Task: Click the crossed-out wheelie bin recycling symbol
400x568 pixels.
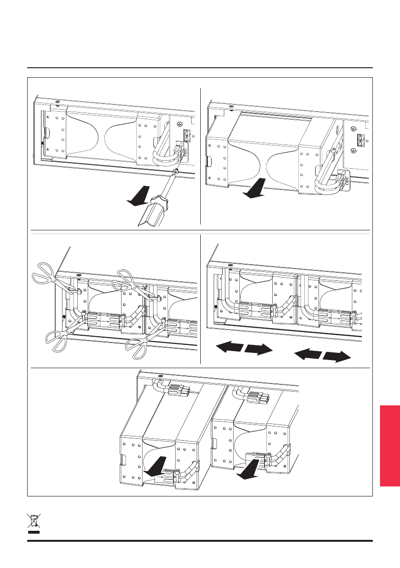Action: tap(33, 523)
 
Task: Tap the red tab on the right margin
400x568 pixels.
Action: tap(390, 445)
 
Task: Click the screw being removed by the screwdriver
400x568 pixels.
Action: tap(176, 172)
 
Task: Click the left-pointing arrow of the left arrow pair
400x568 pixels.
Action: tap(227, 347)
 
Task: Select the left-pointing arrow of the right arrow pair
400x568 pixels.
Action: tap(308, 353)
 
